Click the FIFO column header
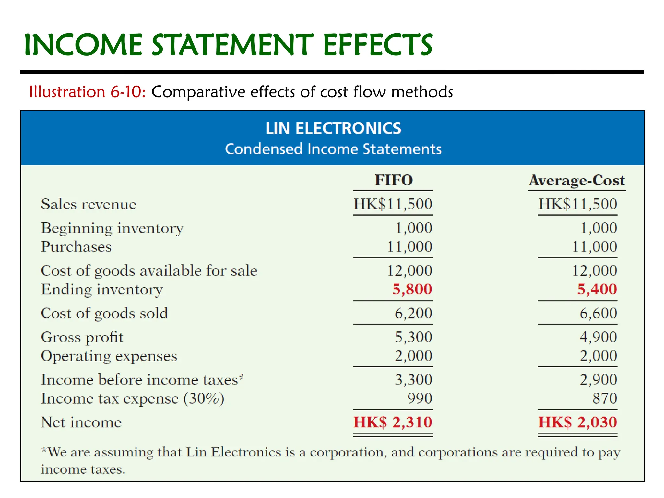tap(394, 180)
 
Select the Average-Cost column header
tap(577, 181)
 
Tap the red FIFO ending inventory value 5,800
tap(412, 289)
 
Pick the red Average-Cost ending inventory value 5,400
tap(597, 289)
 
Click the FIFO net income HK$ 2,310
tap(393, 422)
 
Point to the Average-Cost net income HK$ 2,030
tap(577, 422)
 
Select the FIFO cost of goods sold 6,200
tap(413, 313)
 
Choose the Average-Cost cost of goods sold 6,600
tap(598, 313)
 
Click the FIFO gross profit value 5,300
tap(413, 337)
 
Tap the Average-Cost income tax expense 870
tap(605, 398)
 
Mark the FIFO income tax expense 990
tap(420, 398)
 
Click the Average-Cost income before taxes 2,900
tap(598, 380)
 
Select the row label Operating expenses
tap(109, 356)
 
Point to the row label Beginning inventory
tap(112, 229)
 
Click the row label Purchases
tap(76, 247)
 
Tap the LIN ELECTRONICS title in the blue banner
tap(333, 128)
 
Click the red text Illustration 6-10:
tap(87, 92)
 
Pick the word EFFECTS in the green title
tap(377, 45)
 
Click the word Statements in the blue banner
tap(402, 149)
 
